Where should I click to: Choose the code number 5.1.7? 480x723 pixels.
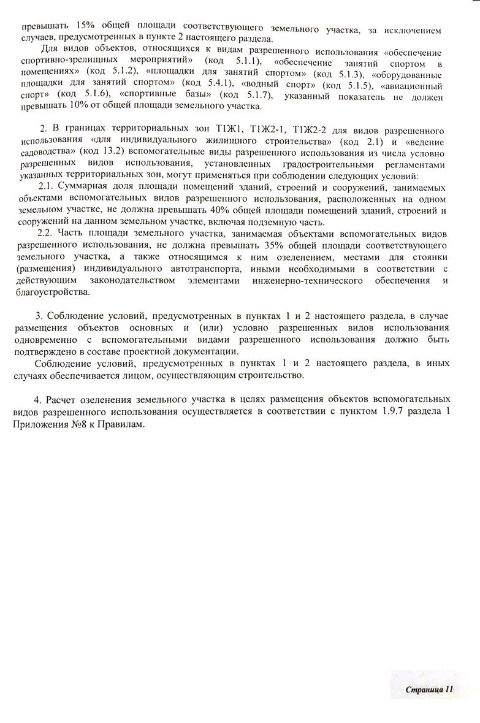click(249, 95)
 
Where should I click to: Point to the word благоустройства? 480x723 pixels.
click(46, 294)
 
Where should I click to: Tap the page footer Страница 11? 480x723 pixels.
click(429, 689)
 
